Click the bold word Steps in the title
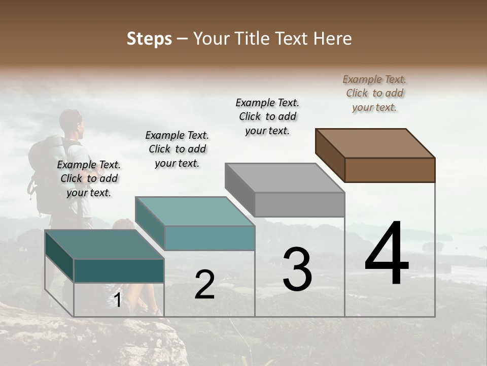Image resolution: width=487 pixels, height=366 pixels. pyautogui.click(x=149, y=39)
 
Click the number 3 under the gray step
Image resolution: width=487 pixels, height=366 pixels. pyautogui.click(x=297, y=269)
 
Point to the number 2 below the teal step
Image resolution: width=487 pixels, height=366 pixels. pyautogui.click(x=204, y=285)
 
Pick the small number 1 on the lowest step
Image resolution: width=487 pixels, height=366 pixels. pyautogui.click(x=118, y=300)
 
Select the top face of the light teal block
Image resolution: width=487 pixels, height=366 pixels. pyautogui.click(x=195, y=211)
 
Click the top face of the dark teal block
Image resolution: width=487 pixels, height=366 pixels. pyautogui.click(x=105, y=244)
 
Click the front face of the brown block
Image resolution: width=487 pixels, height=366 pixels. pyautogui.click(x=390, y=170)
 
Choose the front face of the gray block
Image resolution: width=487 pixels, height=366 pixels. pyautogui.click(x=299, y=204)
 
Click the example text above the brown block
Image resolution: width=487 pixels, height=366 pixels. pyautogui.click(x=374, y=93)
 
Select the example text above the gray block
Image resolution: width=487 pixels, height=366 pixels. pyautogui.click(x=267, y=116)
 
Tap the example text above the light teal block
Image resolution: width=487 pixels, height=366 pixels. pyautogui.click(x=177, y=149)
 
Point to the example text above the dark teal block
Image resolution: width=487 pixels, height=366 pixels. pyautogui.click(x=89, y=178)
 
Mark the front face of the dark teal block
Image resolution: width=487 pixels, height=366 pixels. pyautogui.click(x=119, y=270)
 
